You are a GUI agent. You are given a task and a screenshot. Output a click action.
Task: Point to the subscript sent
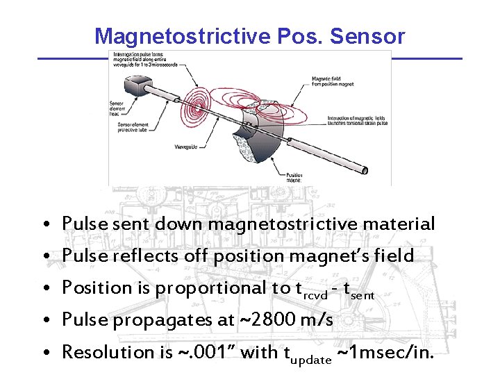[363, 296]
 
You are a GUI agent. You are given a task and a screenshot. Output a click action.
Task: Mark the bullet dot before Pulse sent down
[44, 226]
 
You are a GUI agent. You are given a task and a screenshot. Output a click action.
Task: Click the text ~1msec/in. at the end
[385, 353]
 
